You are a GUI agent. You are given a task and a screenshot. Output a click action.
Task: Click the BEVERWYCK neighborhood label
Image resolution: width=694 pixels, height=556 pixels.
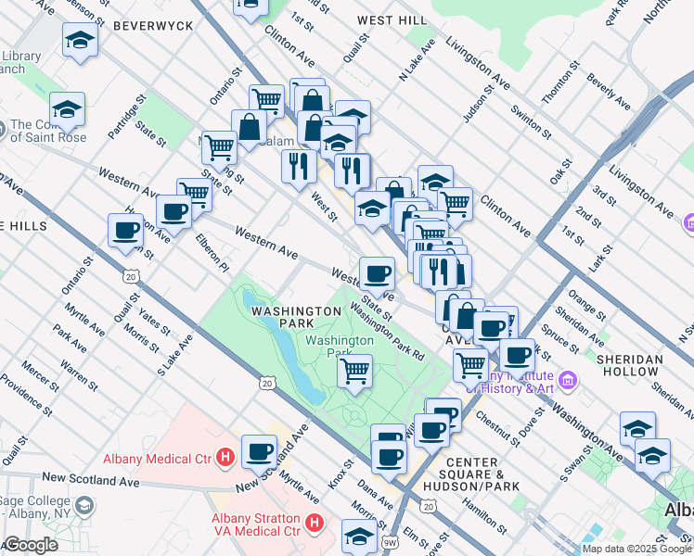(153, 26)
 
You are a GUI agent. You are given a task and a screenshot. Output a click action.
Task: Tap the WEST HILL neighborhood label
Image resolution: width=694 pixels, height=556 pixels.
(392, 19)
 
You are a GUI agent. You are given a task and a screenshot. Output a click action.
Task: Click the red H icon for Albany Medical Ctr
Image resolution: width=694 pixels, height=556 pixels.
(224, 457)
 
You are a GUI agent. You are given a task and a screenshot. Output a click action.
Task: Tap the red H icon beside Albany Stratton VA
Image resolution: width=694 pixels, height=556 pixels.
(315, 524)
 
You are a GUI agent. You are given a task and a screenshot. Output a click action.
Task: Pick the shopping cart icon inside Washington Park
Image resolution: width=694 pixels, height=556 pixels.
(354, 370)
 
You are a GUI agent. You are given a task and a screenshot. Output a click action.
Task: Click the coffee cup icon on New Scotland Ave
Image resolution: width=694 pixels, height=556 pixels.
(260, 452)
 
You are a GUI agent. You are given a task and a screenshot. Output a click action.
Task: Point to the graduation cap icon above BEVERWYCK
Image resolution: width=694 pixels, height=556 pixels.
(81, 40)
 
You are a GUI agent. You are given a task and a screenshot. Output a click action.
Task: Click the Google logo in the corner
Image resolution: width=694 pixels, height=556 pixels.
(31, 545)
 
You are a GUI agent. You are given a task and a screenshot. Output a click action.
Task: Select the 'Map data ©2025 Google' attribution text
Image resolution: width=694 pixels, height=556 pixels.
(636, 549)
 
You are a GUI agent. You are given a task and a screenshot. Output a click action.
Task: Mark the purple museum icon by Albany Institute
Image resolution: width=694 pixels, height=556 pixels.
(567, 380)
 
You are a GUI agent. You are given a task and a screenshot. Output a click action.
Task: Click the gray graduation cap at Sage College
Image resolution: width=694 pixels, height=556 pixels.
(84, 506)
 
